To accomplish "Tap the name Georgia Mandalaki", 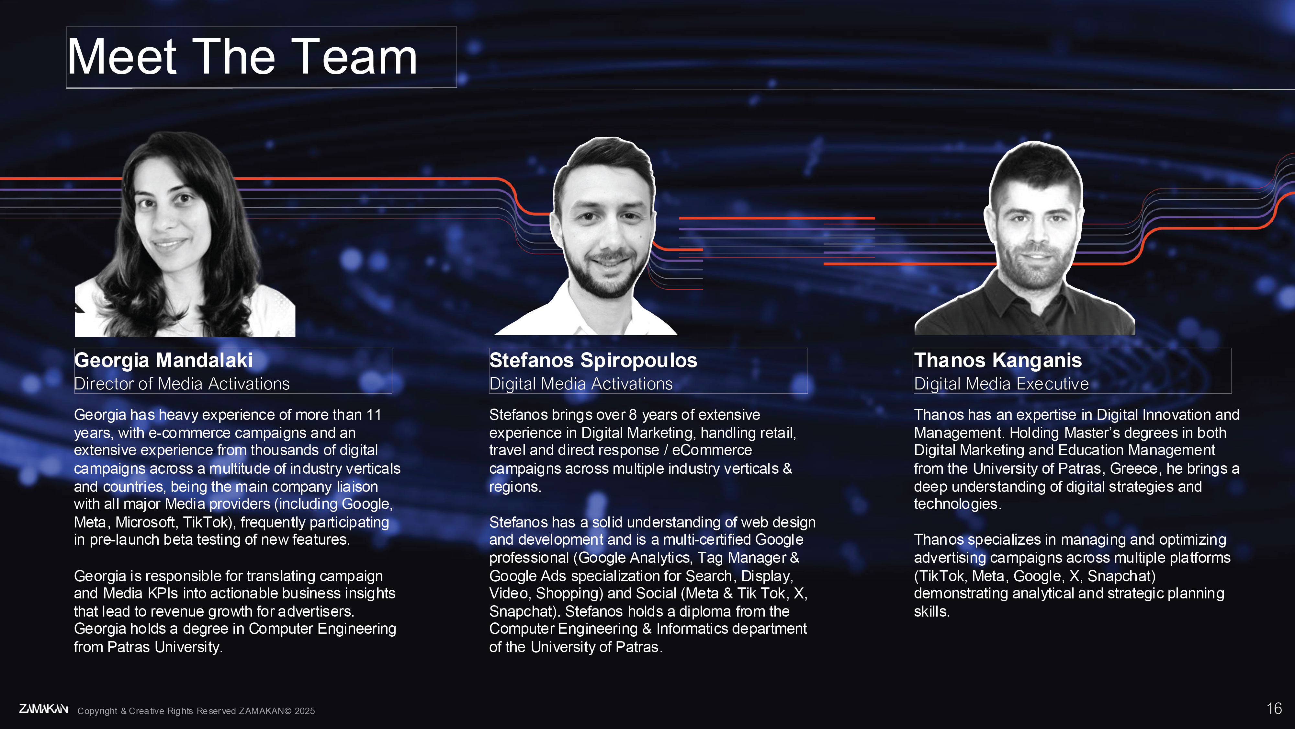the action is pyautogui.click(x=163, y=360).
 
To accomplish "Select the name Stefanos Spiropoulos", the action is pyautogui.click(x=593, y=360).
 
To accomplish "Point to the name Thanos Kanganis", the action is pyautogui.click(x=998, y=360).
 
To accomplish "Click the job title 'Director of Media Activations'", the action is pyautogui.click(x=182, y=384).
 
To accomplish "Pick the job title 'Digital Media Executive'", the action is pyautogui.click(x=1001, y=384).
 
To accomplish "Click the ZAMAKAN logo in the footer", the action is pyautogui.click(x=43, y=709).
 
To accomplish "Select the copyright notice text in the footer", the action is pyautogui.click(x=196, y=711).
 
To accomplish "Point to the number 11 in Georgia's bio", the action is pyautogui.click(x=374, y=415).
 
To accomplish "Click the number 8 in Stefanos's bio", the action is pyautogui.click(x=632, y=415).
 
